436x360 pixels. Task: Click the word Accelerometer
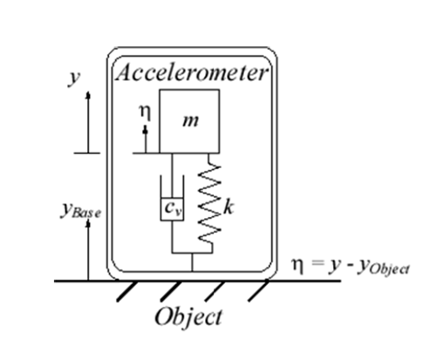tap(192, 72)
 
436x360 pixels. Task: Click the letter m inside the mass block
tap(191, 121)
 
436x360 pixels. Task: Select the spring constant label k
tap(228, 207)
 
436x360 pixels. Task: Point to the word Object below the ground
tap(188, 317)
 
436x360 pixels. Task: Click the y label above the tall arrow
tap(74, 78)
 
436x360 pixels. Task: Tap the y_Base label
tap(80, 210)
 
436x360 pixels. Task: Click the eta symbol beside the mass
tap(145, 112)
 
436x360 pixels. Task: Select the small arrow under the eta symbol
tap(146, 139)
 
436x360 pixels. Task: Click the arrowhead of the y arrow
tap(88, 95)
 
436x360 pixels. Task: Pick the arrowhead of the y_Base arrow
tap(88, 224)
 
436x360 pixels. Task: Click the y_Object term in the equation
tap(383, 268)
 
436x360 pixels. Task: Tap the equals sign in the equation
tap(317, 263)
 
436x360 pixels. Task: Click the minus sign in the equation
tap(351, 265)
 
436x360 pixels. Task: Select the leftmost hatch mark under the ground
tap(126, 291)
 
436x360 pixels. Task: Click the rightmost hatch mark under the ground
tap(258, 291)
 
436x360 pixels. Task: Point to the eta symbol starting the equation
tap(298, 266)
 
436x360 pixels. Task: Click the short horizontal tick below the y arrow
tap(87, 153)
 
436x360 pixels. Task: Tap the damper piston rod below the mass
tap(172, 175)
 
